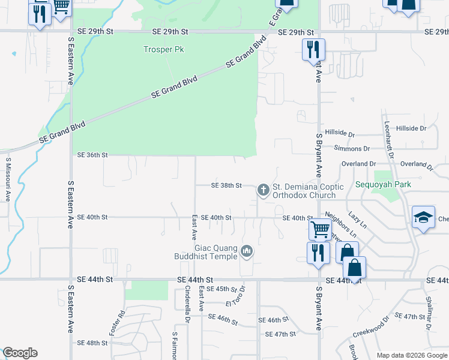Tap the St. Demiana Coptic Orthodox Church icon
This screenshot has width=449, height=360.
coord(262,190)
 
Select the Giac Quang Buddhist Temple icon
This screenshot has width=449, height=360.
coord(246,251)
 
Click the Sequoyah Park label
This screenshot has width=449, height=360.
coord(383,184)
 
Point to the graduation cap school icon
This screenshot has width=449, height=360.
coord(423,217)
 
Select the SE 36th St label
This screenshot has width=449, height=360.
coord(92,155)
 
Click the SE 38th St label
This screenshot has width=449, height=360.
coord(226,186)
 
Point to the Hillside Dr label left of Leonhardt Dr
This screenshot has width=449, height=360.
coord(340,133)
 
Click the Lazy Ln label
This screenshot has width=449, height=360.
coord(357,220)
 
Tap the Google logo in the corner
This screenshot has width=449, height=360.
coord(20,353)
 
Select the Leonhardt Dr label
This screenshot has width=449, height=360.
coord(388,139)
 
